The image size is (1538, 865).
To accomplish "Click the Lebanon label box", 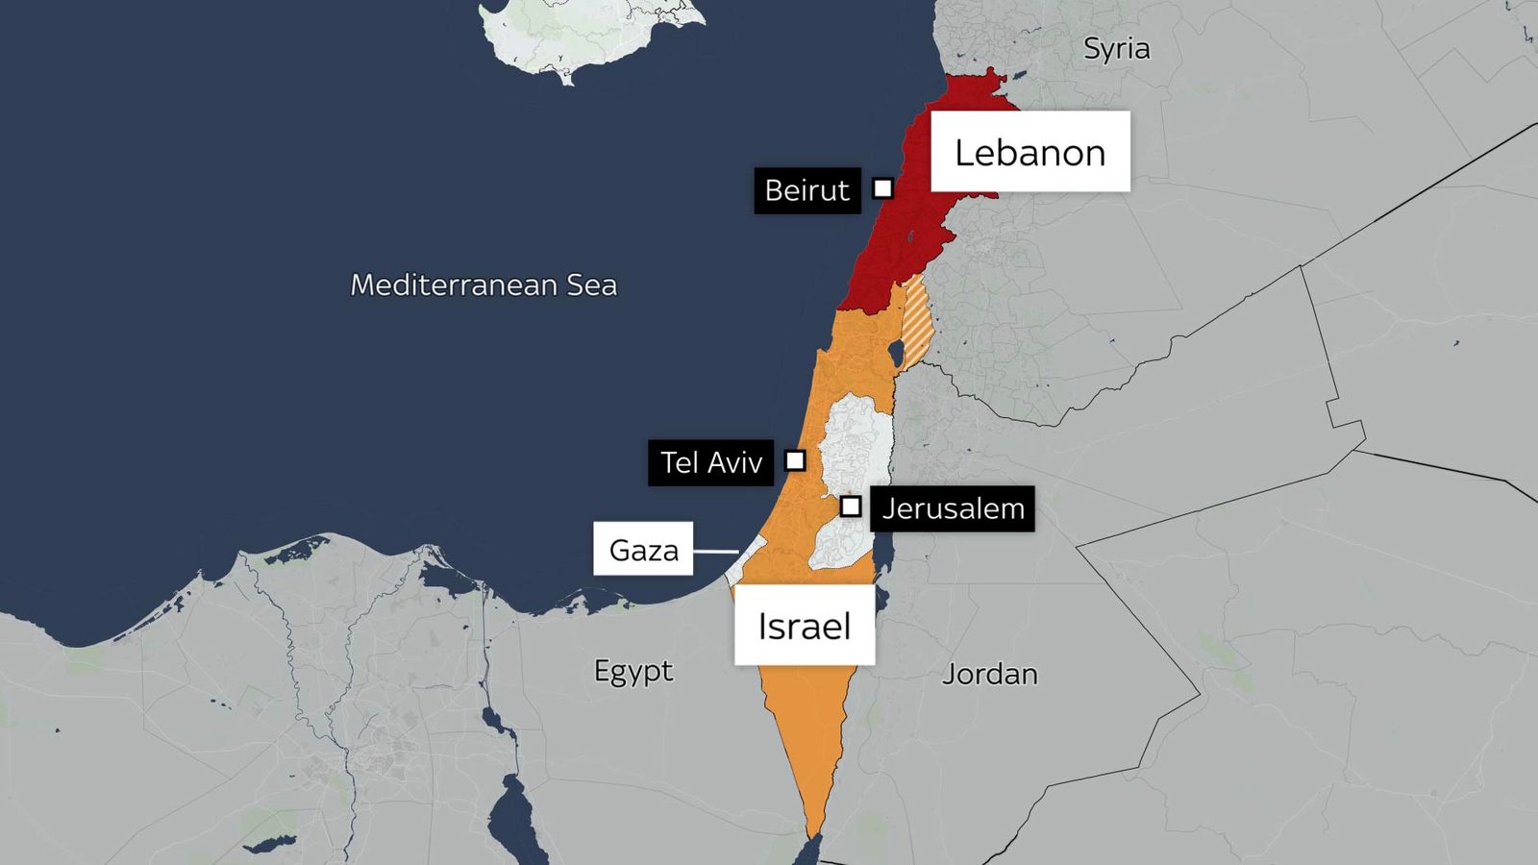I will coord(1029,152).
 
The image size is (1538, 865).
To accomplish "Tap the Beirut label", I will coord(806,190).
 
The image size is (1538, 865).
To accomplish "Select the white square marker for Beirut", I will coord(882,188).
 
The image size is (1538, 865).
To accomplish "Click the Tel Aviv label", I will coord(710,462).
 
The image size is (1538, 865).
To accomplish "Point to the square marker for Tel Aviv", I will coord(795,460).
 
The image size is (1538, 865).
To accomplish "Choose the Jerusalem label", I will coord(953,508).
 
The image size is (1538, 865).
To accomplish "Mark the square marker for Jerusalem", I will coord(851,506).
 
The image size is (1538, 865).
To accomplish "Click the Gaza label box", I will coord(643,549).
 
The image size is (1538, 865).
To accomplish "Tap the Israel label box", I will coord(805,626).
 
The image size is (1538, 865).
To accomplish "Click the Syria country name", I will coord(1116,48).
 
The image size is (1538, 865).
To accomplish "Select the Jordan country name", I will coord(989,674).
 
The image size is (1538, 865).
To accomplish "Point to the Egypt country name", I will coord(633,670).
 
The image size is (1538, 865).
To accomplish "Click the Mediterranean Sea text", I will coord(484,284).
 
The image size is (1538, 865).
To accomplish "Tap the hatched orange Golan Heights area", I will coord(918,322).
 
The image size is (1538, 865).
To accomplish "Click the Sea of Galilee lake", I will coord(895,354).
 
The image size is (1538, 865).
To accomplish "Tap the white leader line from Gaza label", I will coord(715,551).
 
